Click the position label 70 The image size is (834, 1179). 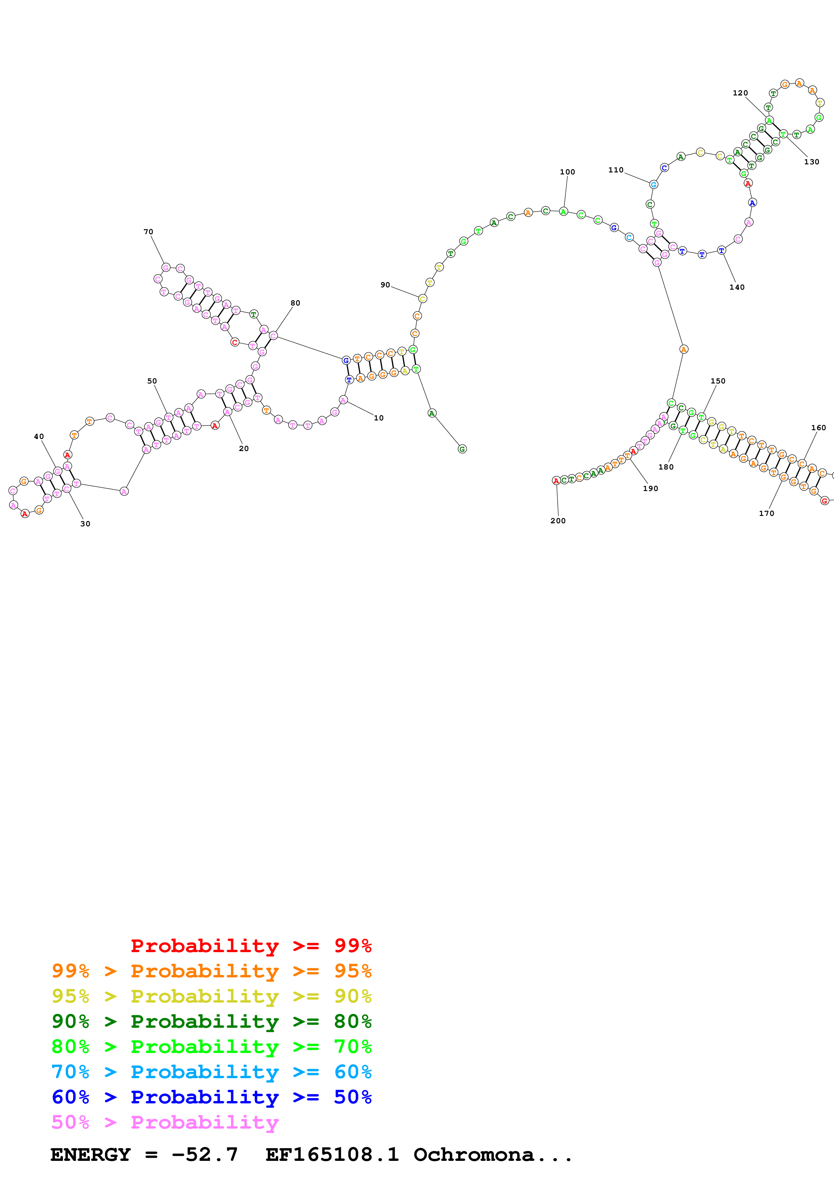click(x=148, y=232)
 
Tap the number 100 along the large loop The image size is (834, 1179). click(x=567, y=172)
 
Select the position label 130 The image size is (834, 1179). click(x=811, y=162)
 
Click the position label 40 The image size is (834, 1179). click(x=39, y=437)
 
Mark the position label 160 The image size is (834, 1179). click(x=819, y=428)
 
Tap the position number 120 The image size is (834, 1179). click(x=740, y=93)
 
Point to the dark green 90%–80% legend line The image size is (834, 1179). click(x=212, y=1021)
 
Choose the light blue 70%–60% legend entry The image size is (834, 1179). click(x=212, y=1072)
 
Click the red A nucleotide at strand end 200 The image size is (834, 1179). click(x=555, y=481)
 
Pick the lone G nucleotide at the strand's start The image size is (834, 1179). click(x=462, y=449)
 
